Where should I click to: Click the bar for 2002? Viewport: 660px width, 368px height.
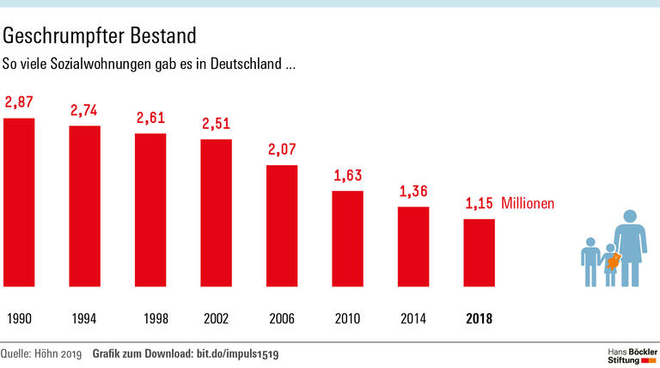tap(216, 212)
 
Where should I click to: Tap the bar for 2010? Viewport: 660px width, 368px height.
tap(347, 237)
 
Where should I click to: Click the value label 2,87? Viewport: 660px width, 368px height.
tap(19, 102)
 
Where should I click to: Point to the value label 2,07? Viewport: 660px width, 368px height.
tap(281, 150)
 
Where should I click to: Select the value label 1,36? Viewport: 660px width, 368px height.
tap(412, 191)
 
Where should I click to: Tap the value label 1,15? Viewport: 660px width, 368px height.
tap(479, 205)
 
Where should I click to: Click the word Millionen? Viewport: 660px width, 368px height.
tap(528, 205)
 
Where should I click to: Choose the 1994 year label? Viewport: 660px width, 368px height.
tap(84, 319)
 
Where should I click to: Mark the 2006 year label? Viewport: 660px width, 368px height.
tap(281, 319)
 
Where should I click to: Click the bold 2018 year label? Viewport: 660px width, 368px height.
tap(479, 319)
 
